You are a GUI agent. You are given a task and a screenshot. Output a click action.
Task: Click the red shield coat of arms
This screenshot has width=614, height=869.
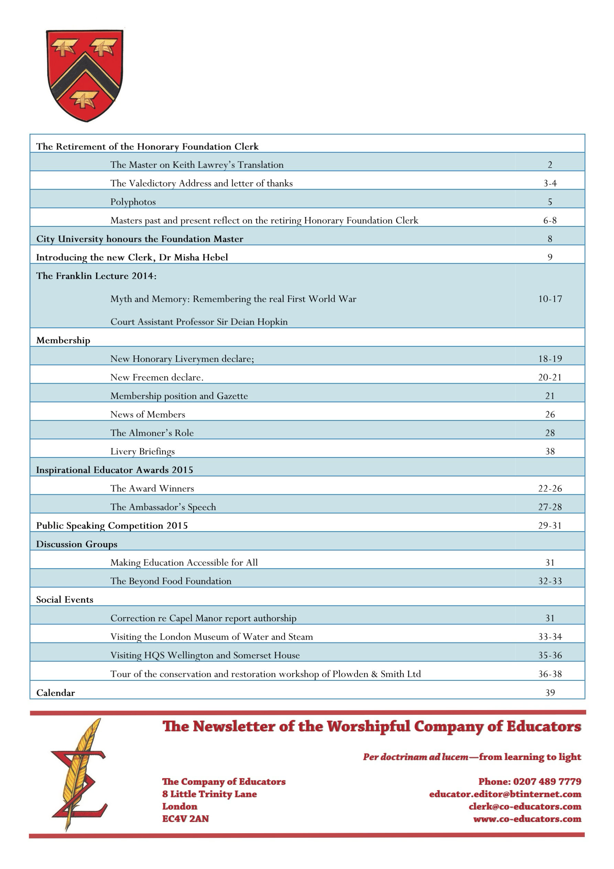85,75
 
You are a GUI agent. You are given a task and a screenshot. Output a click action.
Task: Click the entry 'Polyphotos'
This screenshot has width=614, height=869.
133,202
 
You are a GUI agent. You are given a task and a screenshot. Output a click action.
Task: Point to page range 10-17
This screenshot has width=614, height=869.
550,299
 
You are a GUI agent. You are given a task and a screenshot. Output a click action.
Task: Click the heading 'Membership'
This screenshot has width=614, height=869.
63,340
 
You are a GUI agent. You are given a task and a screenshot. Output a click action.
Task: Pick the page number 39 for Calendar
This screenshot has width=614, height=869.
550,693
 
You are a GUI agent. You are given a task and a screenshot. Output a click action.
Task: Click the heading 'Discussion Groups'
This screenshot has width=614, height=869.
77,544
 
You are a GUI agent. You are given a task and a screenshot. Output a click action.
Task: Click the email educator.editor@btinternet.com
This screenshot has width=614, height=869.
505,794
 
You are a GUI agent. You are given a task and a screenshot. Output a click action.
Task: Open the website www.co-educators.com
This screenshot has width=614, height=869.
527,819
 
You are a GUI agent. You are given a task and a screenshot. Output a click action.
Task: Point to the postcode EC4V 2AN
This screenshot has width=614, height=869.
185,819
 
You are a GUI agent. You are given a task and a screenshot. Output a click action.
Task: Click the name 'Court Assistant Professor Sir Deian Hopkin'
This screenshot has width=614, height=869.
199,322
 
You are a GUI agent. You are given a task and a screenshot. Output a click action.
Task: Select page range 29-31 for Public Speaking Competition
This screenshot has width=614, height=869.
550,526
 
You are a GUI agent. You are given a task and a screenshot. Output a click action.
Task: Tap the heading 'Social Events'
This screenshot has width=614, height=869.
65,600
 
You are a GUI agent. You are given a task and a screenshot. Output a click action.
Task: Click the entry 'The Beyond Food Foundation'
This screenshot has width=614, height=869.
171,581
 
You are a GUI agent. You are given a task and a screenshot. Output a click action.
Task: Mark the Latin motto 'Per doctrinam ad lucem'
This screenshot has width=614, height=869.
415,757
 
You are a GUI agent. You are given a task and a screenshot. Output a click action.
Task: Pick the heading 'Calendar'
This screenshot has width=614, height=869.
56,693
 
